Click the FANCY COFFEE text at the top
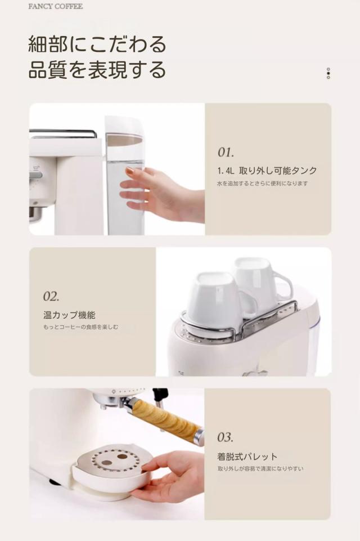point(56,6)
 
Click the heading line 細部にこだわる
point(97,44)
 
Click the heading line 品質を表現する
point(97,69)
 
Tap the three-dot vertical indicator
point(328,73)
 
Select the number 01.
point(226,152)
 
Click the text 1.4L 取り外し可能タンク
point(267,171)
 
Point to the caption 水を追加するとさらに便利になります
point(262,184)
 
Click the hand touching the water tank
point(162,191)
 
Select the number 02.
point(51,296)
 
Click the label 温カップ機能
point(69,315)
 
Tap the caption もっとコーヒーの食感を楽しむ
point(80,327)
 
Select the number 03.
point(225,437)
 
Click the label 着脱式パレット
point(247,457)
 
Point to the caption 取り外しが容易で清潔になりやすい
point(260,468)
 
